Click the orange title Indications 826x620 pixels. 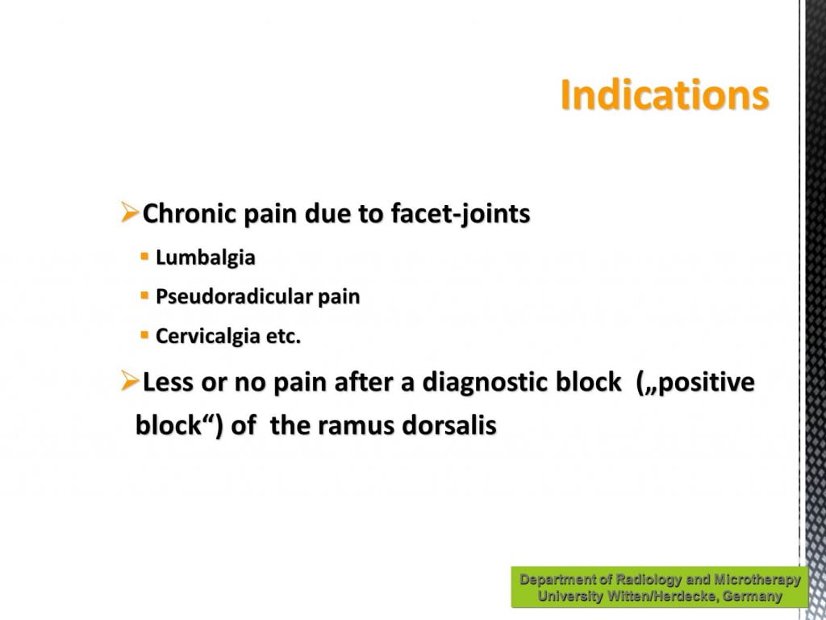pos(665,95)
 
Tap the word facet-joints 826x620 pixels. pos(460,214)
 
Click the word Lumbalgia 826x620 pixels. pos(206,258)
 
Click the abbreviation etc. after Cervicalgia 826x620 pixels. pos(283,337)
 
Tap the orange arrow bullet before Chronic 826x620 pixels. pos(130,212)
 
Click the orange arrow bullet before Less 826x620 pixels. pos(130,380)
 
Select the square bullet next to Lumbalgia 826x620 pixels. pos(145,257)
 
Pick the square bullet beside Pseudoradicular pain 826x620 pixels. pos(145,295)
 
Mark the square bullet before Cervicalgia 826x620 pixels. pos(145,334)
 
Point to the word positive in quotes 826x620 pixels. pos(707,383)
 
